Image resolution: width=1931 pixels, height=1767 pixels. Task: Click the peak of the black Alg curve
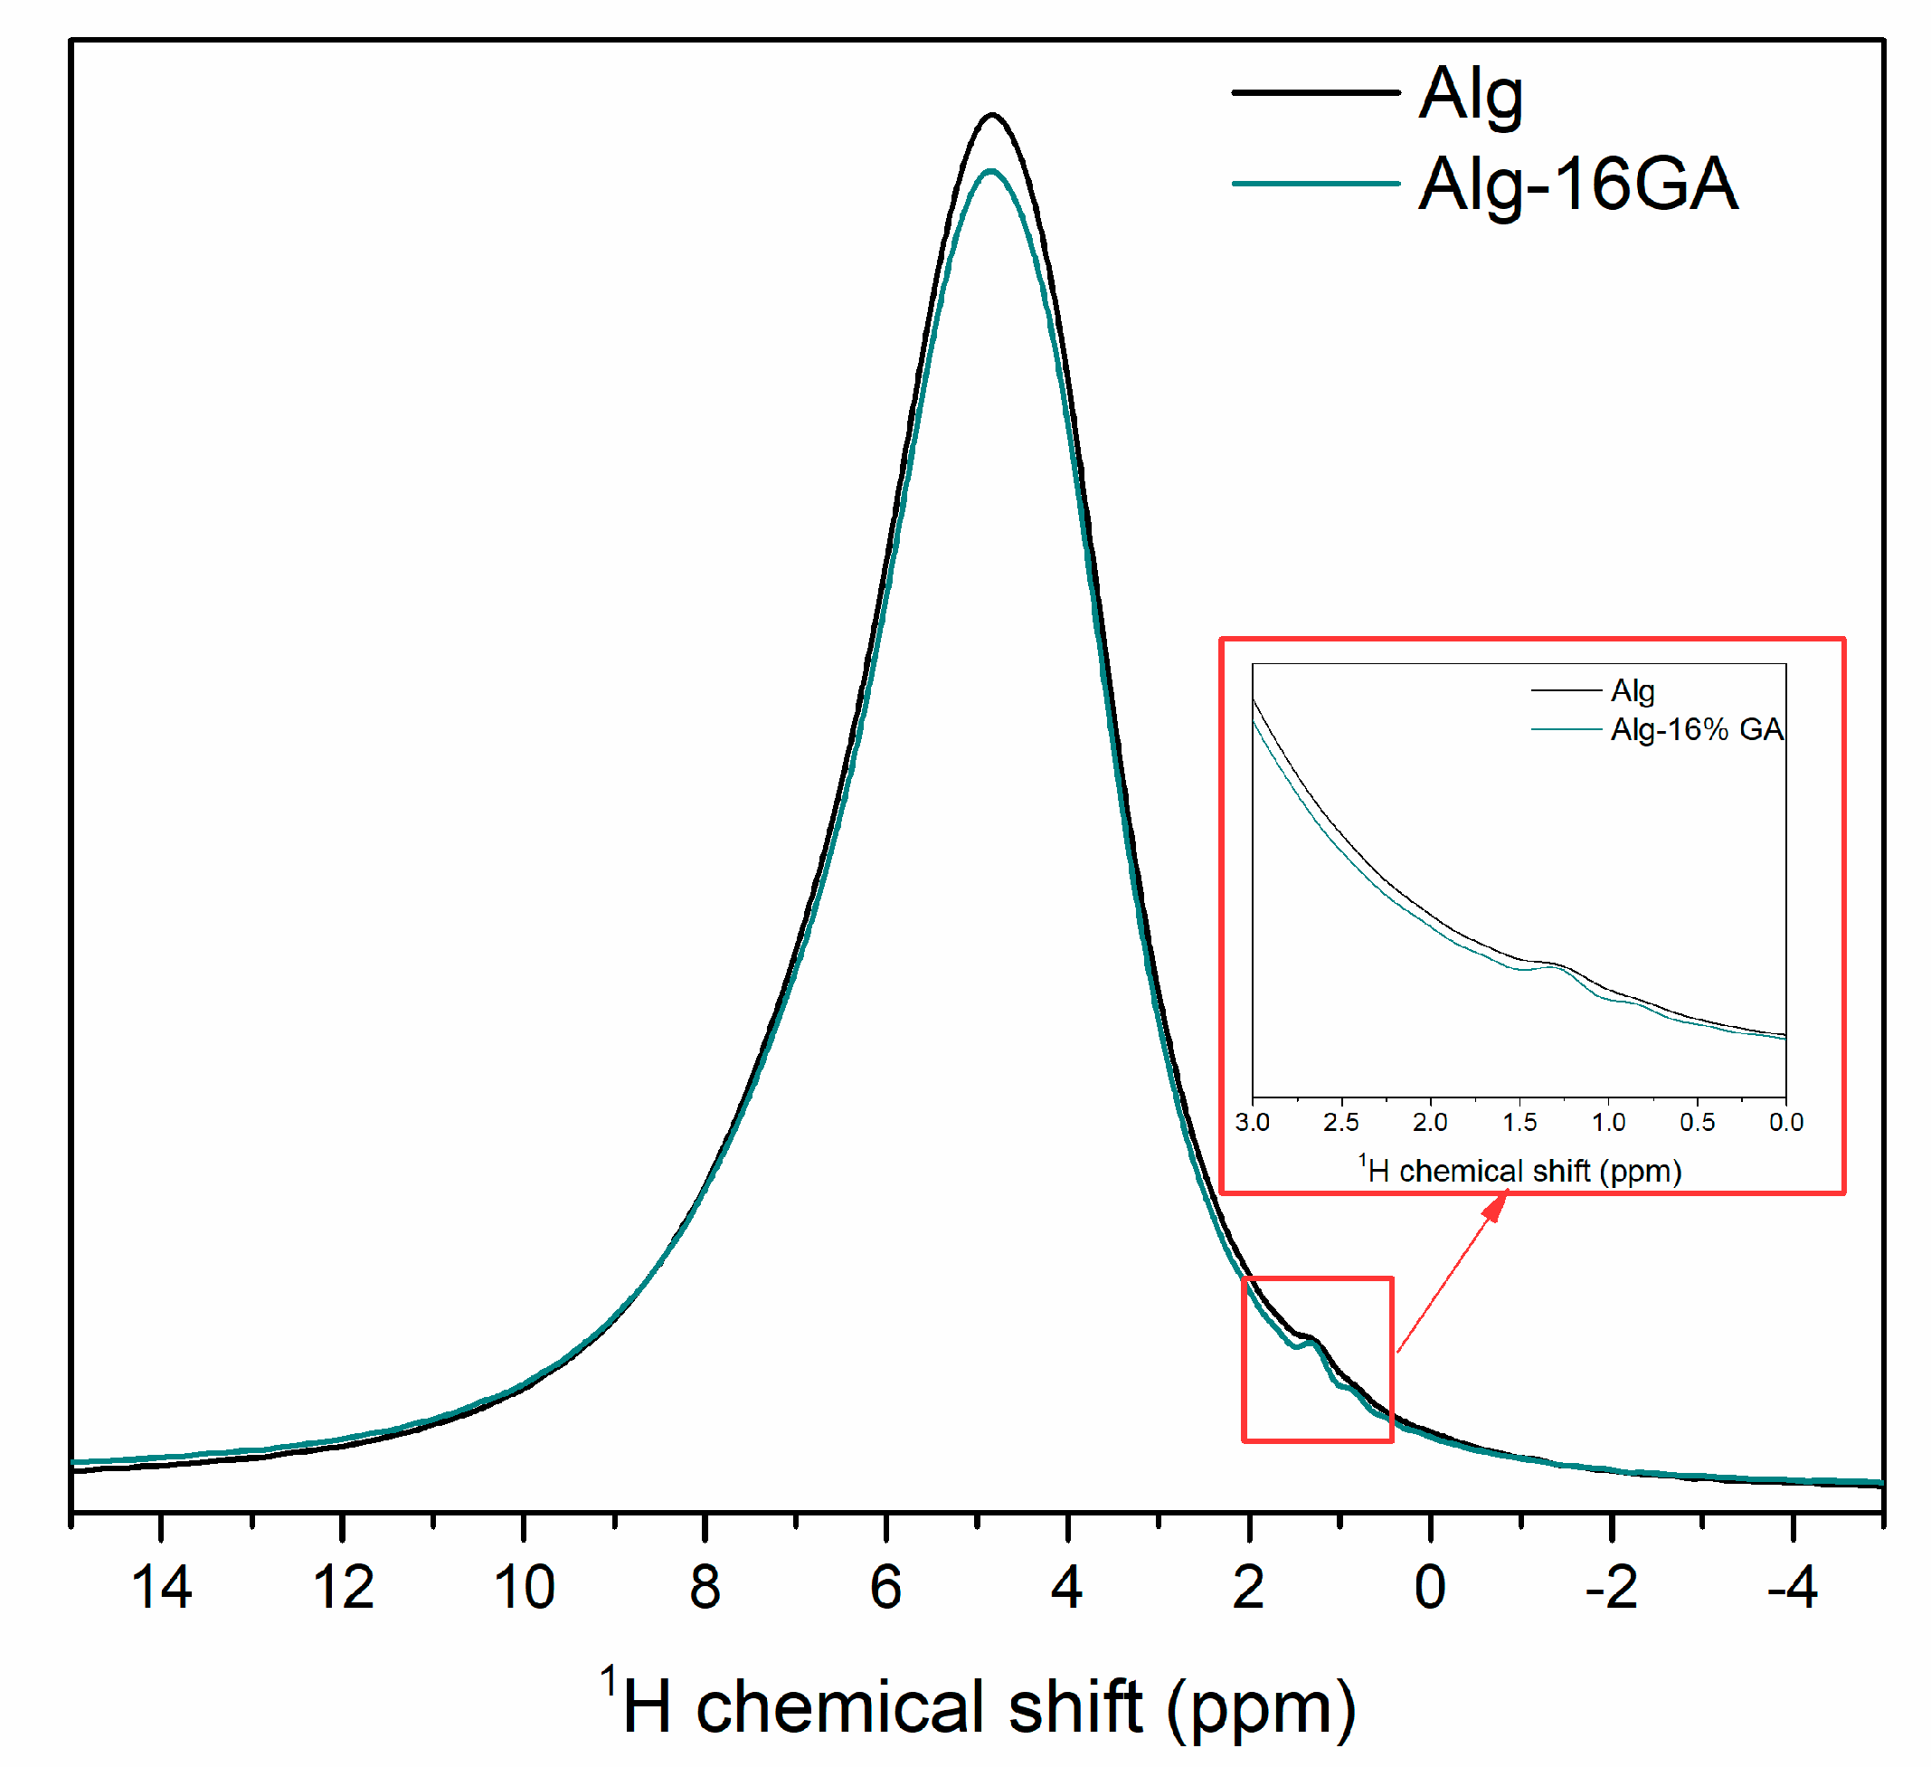pyautogui.click(x=992, y=115)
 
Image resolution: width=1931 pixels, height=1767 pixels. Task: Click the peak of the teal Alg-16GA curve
pyautogui.click(x=990, y=172)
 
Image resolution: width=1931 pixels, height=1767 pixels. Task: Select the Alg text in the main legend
pyautogui.click(x=1471, y=94)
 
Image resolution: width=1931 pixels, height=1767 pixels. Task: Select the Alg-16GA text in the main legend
pyautogui.click(x=1577, y=184)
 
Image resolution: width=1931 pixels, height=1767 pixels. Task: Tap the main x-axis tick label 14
pyautogui.click(x=161, y=1589)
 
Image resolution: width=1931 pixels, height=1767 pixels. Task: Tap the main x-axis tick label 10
pyautogui.click(x=524, y=1589)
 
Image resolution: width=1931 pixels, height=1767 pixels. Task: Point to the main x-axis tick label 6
pyautogui.click(x=886, y=1589)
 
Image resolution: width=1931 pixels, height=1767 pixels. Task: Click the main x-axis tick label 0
pyautogui.click(x=1430, y=1589)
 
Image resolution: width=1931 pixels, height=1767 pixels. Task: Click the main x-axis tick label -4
pyautogui.click(x=1792, y=1589)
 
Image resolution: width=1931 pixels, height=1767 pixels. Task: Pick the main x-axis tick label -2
pyautogui.click(x=1611, y=1589)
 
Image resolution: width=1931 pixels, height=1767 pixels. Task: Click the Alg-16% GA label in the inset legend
pyautogui.click(x=1697, y=730)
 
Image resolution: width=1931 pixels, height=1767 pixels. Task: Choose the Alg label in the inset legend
pyautogui.click(x=1633, y=691)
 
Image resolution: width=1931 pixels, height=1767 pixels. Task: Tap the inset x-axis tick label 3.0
pyautogui.click(x=1252, y=1122)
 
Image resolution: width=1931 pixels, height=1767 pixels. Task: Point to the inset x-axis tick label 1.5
pyautogui.click(x=1519, y=1122)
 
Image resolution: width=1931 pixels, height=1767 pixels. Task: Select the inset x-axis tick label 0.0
pyautogui.click(x=1785, y=1122)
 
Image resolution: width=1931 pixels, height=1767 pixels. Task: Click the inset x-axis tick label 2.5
pyautogui.click(x=1341, y=1122)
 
